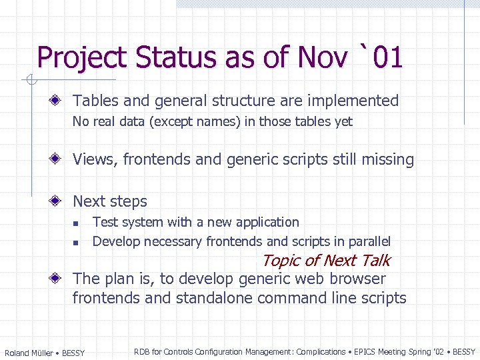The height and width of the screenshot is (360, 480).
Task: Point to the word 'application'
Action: (x=266, y=223)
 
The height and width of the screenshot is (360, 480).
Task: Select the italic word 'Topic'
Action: (x=281, y=261)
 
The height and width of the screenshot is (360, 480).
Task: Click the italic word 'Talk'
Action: (x=375, y=261)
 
